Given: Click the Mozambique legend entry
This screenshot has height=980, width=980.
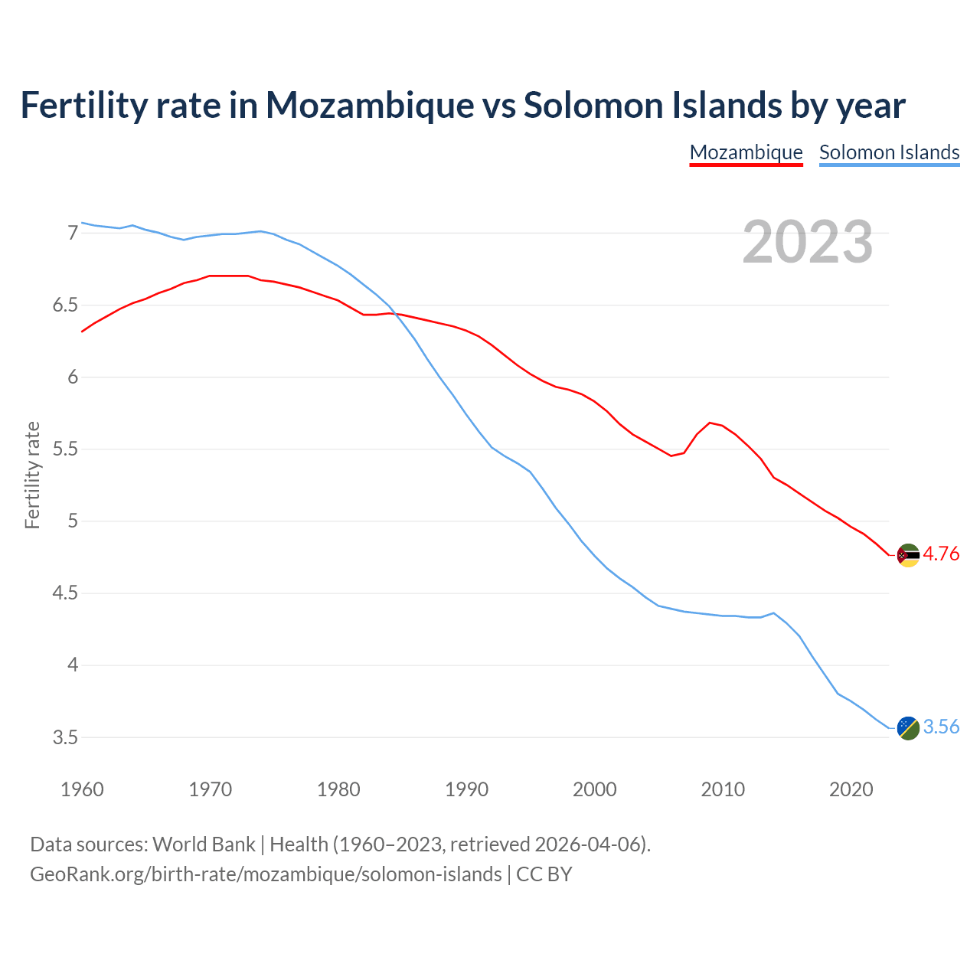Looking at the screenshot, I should pos(746,152).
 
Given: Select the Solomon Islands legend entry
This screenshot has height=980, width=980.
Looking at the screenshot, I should pos(889,152).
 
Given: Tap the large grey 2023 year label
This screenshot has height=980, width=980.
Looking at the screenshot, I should pos(807,242).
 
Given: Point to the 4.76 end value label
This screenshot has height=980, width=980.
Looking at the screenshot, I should pos(941,554).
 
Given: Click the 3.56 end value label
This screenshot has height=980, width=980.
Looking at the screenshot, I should pos(941,727).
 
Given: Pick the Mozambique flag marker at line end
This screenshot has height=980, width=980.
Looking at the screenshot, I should pos(908,555).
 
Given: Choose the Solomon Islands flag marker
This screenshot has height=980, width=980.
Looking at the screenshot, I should pos(908,727).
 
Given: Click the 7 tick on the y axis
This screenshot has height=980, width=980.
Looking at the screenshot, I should pos(73,233).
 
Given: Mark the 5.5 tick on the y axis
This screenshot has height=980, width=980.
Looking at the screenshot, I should pos(65,449).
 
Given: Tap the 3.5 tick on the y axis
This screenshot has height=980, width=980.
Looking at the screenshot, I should pos(65,738).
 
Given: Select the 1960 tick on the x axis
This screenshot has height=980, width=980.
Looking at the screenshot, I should pos(82,789).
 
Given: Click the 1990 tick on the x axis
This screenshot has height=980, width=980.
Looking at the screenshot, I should pos(466,789).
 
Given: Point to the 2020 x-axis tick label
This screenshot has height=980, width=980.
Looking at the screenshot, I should pos(851,789).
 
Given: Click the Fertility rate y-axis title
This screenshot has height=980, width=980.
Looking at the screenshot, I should pos(32,475).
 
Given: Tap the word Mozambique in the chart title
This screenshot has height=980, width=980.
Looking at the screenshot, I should pos(370,105).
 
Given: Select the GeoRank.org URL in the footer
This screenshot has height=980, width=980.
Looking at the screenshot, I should pos(266,874).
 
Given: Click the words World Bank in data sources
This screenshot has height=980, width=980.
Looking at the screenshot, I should pos(204,844).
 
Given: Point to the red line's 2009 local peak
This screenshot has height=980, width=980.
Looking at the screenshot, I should pos(710,423).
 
